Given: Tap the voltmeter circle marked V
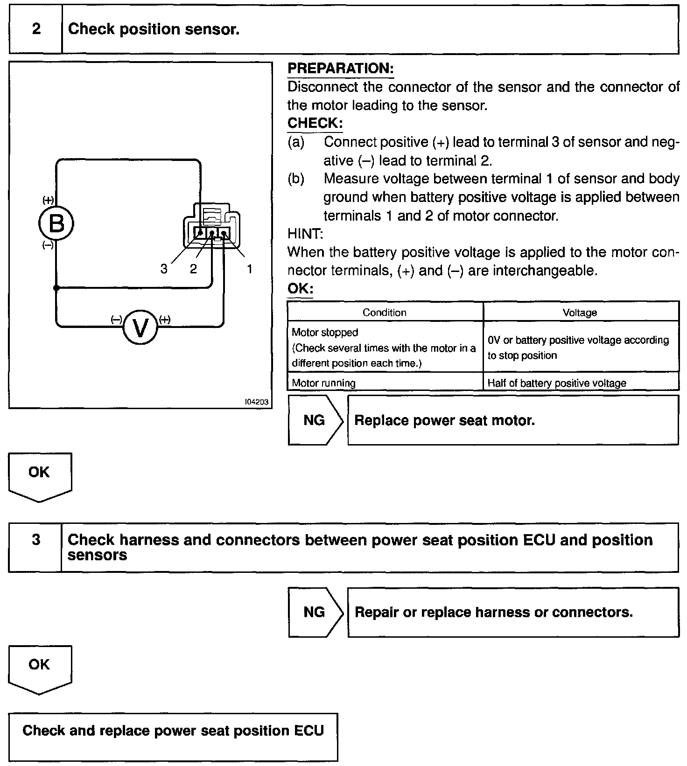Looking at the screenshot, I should point(140,327).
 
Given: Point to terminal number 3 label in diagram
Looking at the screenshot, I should point(164,269).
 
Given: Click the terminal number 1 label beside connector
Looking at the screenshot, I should point(250,269).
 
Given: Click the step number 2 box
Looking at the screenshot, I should point(36,29).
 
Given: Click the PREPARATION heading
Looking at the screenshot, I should point(340,69).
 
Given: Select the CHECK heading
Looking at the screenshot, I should point(315,123).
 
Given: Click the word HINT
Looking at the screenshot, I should point(305,234).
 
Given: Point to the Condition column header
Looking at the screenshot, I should point(385,313).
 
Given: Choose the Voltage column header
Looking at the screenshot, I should point(580,313).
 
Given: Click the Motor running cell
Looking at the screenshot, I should point(324,383).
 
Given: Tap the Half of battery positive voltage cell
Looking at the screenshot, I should point(557,383).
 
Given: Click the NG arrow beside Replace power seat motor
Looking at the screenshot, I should point(315,420).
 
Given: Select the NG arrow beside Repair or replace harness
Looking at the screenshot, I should point(315,612).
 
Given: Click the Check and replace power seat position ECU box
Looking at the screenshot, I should point(173,737).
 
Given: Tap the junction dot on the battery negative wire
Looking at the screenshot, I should point(56,288).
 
